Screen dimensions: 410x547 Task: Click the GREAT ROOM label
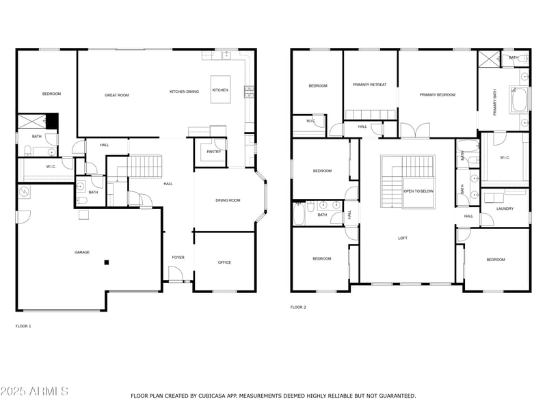click(x=116, y=95)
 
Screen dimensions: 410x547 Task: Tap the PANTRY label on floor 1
click(x=213, y=152)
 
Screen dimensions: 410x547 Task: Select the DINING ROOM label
click(x=228, y=200)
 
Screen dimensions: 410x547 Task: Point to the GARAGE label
click(x=82, y=252)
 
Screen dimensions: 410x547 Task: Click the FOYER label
click(x=178, y=257)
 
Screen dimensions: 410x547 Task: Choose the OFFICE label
click(x=224, y=262)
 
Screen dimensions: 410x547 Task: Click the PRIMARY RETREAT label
click(x=369, y=85)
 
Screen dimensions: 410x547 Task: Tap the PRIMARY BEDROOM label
click(x=437, y=95)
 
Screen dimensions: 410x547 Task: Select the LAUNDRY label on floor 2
click(x=505, y=208)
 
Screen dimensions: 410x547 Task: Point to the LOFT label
click(x=403, y=238)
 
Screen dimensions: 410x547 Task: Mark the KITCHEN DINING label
click(x=184, y=91)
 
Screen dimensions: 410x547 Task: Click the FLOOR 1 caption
click(x=23, y=326)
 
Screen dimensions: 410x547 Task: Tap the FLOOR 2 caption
click(x=298, y=307)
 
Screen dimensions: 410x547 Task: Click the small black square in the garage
click(x=106, y=262)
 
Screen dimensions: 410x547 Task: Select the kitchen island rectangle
click(x=220, y=90)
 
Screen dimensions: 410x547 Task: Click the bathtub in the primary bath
click(x=520, y=100)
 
